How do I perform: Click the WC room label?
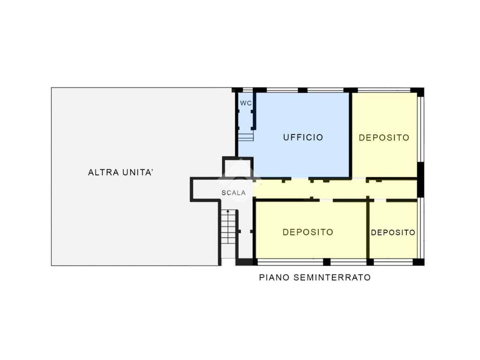tap(246, 103)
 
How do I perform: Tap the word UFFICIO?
tap(303, 137)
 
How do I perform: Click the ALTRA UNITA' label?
tap(120, 172)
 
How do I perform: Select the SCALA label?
tap(233, 193)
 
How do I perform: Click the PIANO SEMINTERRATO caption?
tap(315, 277)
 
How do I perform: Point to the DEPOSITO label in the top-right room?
tap(384, 138)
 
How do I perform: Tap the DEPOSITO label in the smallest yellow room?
tap(393, 232)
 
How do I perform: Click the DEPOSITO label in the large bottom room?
tap(307, 232)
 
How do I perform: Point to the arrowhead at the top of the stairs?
tap(228, 211)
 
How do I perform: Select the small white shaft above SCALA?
tap(238, 168)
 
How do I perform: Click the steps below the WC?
tap(246, 137)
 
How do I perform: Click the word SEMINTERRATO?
tap(332, 277)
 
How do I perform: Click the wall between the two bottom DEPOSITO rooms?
tap(368, 230)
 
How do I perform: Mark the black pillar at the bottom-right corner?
tap(419, 262)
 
